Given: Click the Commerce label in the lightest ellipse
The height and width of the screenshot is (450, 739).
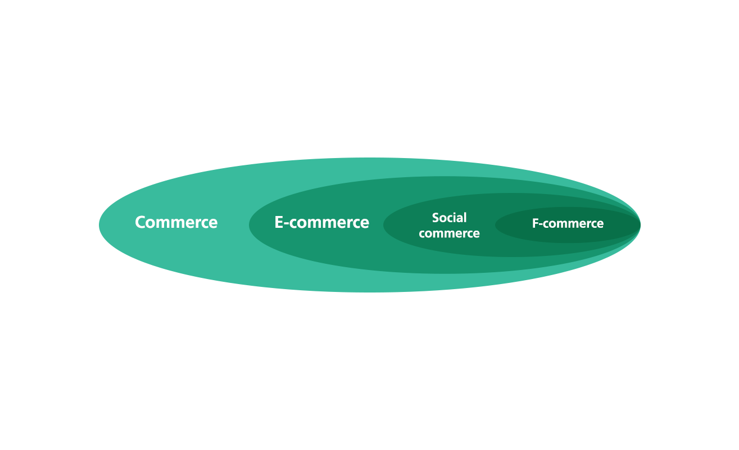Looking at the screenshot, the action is [x=176, y=222].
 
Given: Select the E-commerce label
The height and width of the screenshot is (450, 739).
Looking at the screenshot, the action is [x=321, y=222].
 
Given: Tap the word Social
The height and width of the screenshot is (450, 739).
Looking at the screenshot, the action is [x=450, y=218].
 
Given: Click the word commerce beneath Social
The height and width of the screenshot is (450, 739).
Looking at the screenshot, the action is [x=450, y=233].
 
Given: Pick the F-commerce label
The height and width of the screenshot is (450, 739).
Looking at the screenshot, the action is [x=568, y=223].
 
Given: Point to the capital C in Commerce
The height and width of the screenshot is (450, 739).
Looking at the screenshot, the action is [x=140, y=222].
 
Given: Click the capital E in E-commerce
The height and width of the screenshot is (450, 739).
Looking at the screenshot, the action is [x=279, y=222].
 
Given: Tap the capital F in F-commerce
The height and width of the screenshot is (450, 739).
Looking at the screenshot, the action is [x=536, y=223].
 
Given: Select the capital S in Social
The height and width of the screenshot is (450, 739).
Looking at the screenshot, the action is [x=436, y=218].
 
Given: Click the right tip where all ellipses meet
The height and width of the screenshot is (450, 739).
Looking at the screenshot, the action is [x=640, y=225].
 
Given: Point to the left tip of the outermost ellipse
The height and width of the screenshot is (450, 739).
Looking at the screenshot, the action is [x=99, y=225].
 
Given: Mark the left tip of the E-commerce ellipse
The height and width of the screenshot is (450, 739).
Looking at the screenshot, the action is [x=249, y=225].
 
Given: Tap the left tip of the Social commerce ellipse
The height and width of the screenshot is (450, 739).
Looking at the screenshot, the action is [x=383, y=225].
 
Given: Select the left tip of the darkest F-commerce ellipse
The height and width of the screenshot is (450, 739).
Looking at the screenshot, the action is [x=495, y=225].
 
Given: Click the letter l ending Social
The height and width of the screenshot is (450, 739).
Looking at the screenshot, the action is [x=465, y=218].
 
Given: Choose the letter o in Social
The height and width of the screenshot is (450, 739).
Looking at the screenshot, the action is [x=444, y=219].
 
